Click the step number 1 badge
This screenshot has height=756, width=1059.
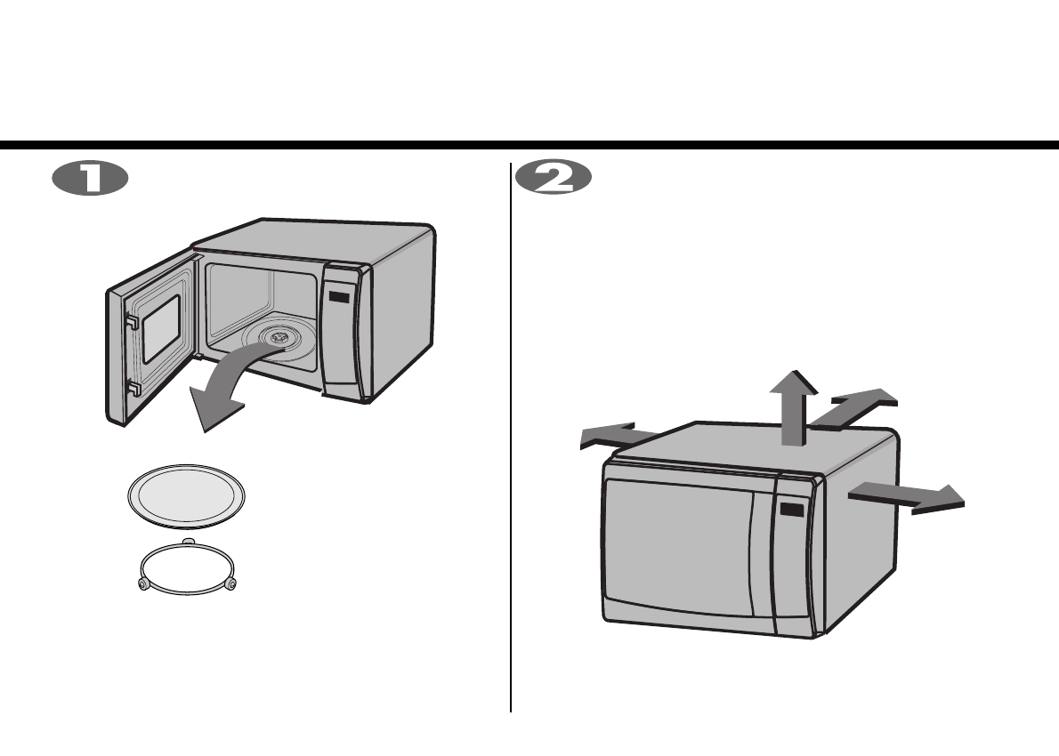pos(90,178)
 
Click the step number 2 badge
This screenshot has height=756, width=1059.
pos(554,178)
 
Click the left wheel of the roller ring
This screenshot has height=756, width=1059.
pos(141,583)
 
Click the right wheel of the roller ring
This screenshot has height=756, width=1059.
pos(232,583)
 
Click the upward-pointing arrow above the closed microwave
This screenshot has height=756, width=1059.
pos(791,405)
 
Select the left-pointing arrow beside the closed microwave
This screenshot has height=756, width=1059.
pos(614,435)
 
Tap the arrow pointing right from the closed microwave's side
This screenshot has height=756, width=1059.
pos(908,497)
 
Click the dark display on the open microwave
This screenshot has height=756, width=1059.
pos(337,297)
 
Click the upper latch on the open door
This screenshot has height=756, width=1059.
pos(132,325)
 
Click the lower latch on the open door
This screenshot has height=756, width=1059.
pos(132,388)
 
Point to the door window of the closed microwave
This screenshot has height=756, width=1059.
pos(676,547)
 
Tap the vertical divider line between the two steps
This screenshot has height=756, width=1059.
pos(511,445)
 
